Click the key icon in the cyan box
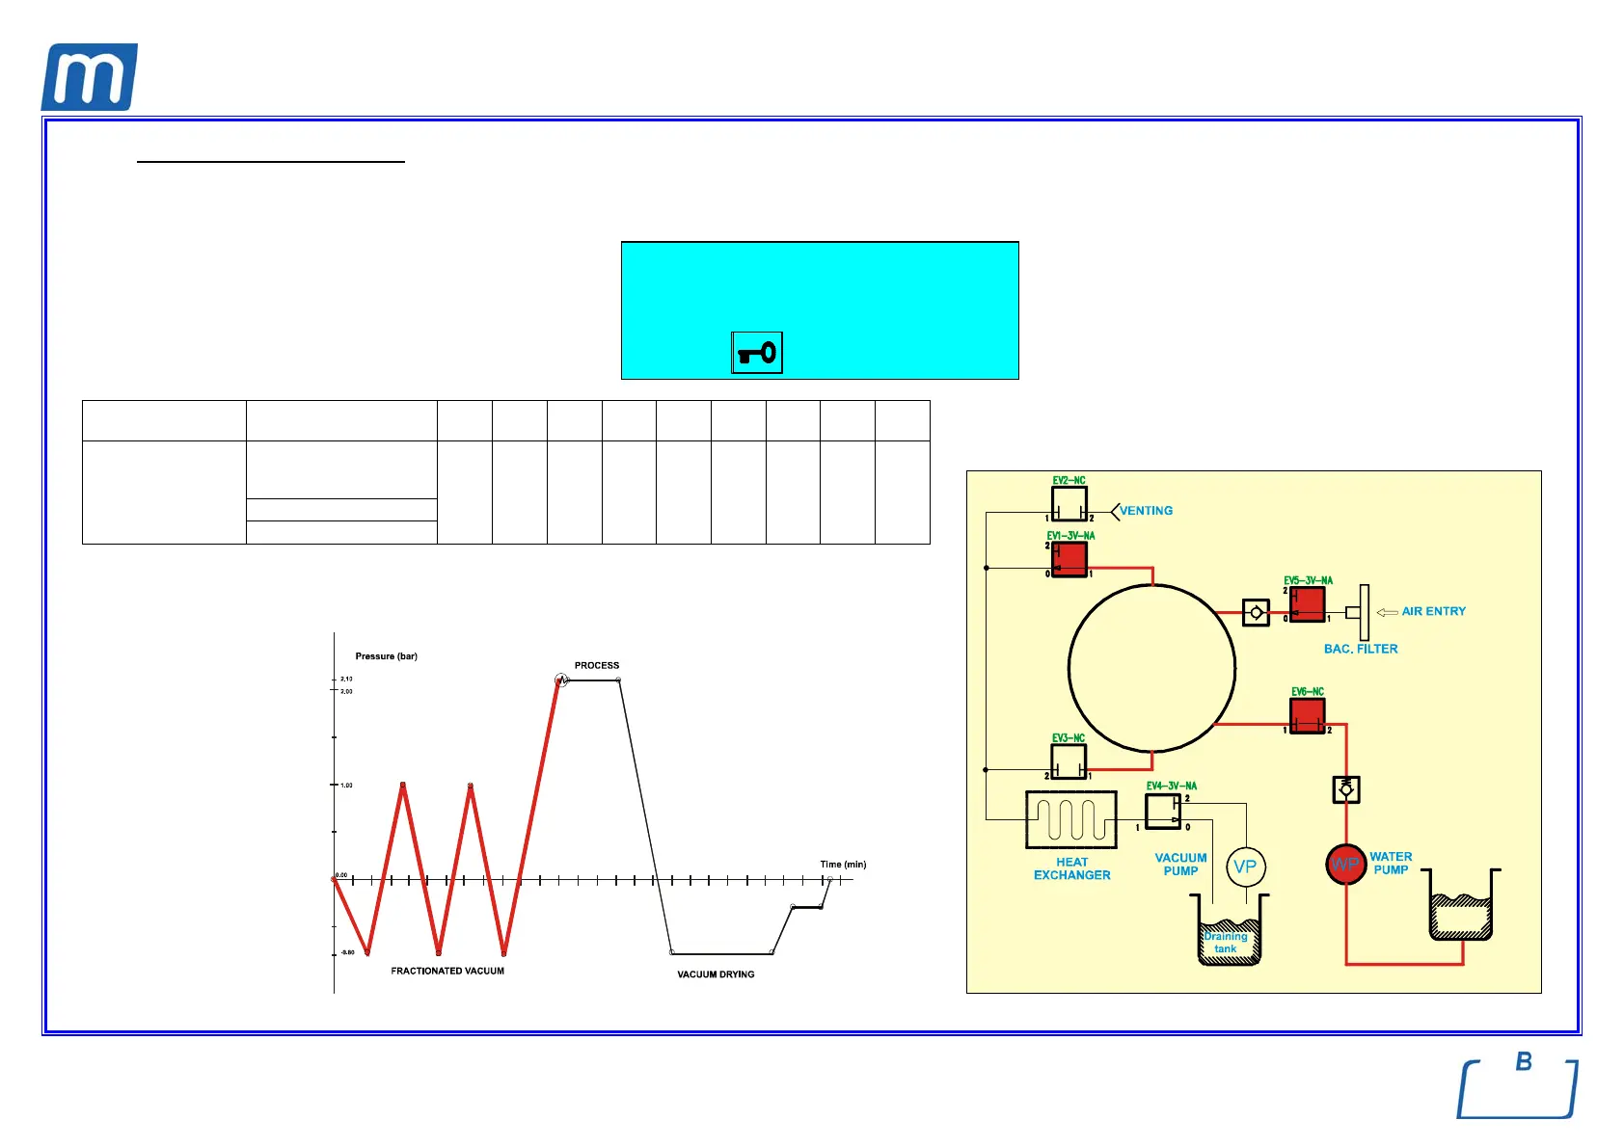(757, 353)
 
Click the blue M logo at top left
(89, 77)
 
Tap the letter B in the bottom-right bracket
(1524, 1062)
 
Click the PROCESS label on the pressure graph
(597, 665)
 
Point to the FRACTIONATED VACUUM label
(447, 971)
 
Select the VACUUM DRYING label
(716, 974)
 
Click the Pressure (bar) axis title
(386, 656)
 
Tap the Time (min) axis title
(843, 865)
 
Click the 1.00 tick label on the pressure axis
(346, 786)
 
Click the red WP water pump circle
(1345, 865)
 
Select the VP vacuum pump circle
(1245, 867)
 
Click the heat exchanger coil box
(1071, 820)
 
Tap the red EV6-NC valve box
(1308, 715)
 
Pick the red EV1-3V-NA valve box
(1069, 559)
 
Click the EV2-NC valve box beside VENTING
(1069, 503)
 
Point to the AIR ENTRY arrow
(1387, 612)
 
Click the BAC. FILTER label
(1361, 649)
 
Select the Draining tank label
(1226, 943)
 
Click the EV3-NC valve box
(1069, 761)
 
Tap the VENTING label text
(1146, 511)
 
